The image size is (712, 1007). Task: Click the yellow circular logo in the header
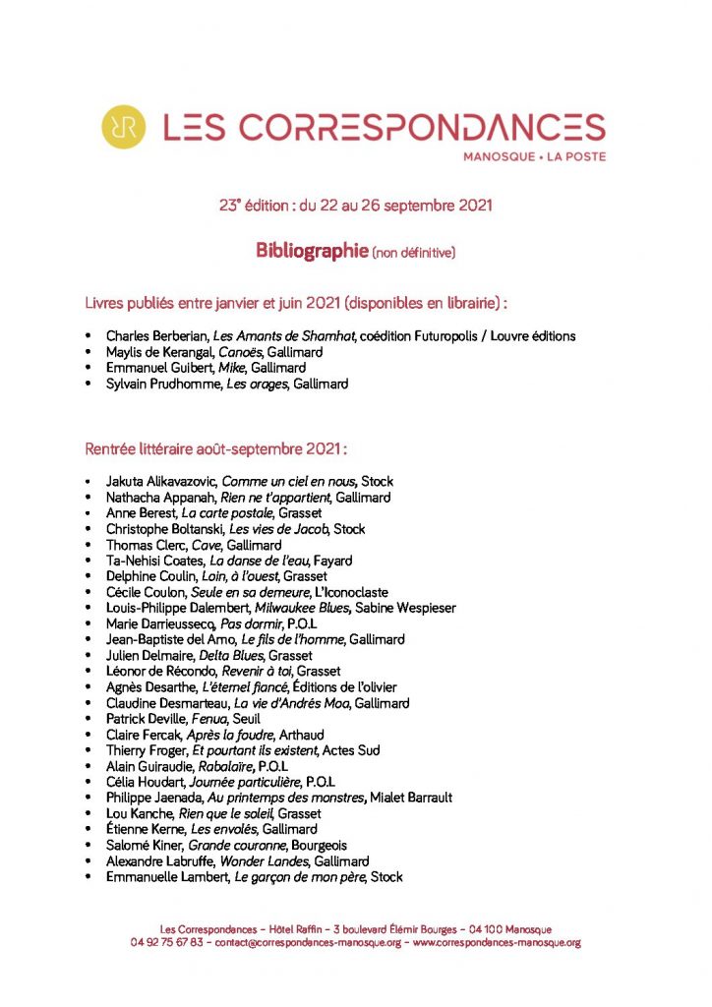[124, 127]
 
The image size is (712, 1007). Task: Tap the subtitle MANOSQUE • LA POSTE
[535, 156]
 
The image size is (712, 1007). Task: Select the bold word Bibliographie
[312, 251]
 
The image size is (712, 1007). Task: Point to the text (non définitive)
[413, 253]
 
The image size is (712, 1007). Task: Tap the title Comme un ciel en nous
[289, 482]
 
